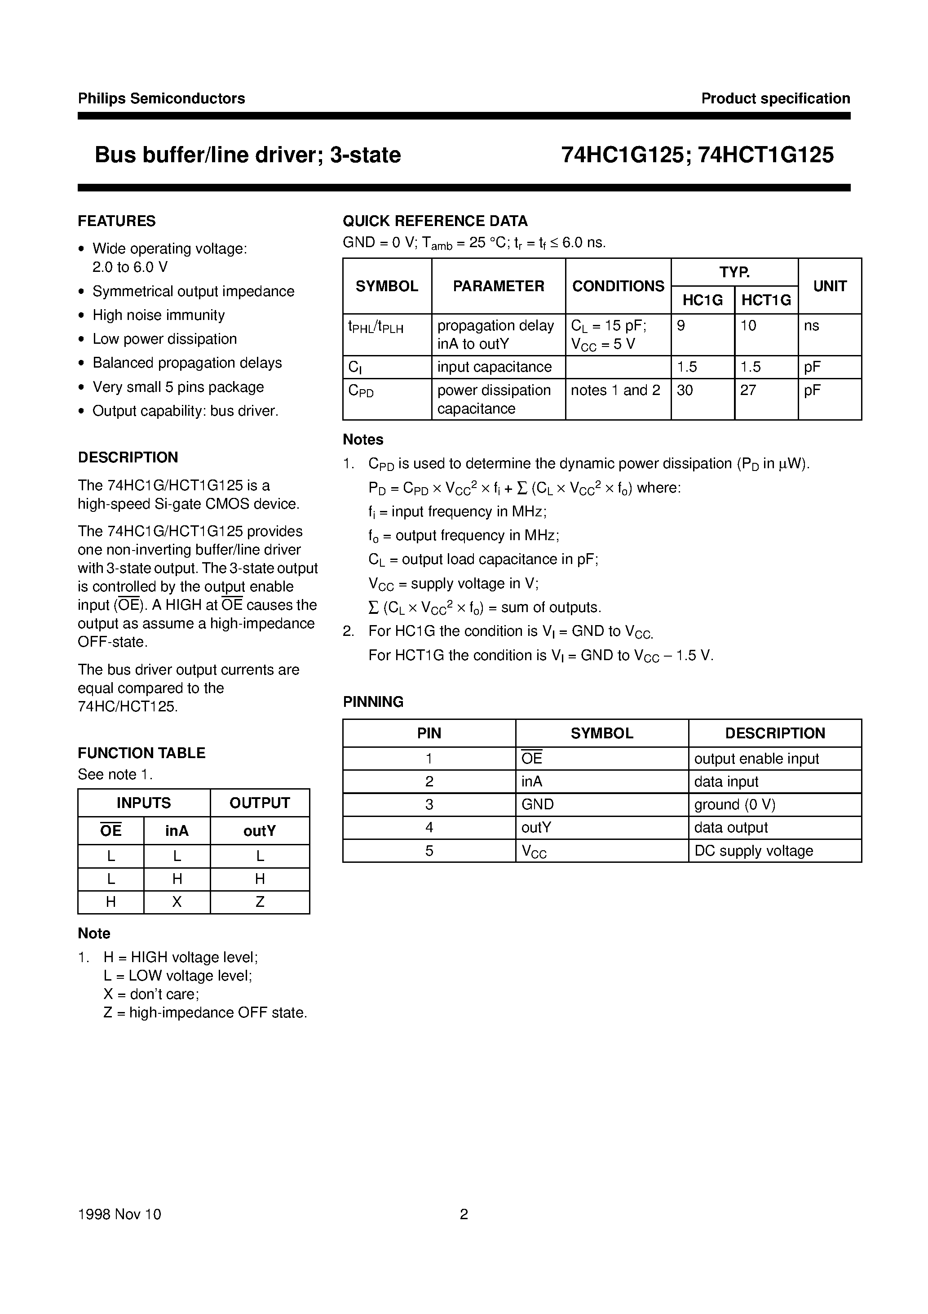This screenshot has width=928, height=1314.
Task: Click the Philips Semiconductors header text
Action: click(x=161, y=98)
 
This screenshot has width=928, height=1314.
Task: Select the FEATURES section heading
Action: click(x=117, y=221)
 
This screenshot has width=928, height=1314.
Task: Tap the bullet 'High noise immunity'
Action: click(x=159, y=315)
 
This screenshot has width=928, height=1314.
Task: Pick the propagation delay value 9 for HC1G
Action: click(x=681, y=326)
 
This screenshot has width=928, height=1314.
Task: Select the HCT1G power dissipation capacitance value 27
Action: click(x=748, y=391)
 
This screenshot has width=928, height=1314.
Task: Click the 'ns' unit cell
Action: click(x=811, y=326)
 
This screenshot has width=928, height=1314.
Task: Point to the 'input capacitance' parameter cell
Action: click(x=495, y=367)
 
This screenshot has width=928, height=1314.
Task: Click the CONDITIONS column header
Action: click(x=618, y=286)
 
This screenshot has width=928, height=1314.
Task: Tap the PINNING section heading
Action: click(x=373, y=701)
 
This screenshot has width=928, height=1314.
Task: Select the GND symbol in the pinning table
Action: click(x=537, y=805)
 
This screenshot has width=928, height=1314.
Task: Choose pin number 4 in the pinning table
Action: click(x=429, y=828)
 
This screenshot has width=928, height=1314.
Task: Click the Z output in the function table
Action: click(x=260, y=902)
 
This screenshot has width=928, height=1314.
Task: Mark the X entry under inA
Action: click(x=177, y=902)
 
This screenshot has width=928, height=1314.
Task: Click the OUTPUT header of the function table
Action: click(x=259, y=803)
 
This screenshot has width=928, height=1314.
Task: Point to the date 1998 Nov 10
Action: click(x=119, y=1214)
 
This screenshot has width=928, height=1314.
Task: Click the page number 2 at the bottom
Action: click(x=464, y=1214)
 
